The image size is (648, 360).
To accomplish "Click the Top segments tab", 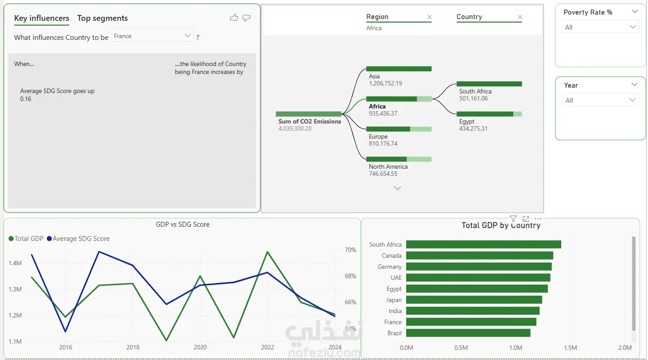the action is coord(102,18).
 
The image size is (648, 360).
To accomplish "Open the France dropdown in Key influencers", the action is coord(152,36).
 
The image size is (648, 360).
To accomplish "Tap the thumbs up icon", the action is coord(234,18).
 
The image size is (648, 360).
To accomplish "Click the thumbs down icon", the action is coord(246,18).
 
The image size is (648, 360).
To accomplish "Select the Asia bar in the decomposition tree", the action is coord(399,69).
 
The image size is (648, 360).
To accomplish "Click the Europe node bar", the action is coord(399,129).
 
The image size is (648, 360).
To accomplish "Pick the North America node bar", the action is coord(399,159).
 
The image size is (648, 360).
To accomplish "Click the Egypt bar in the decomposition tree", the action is coord(489,114).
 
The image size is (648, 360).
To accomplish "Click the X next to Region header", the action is coord(429,17).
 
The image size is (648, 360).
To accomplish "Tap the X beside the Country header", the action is coord(520,17).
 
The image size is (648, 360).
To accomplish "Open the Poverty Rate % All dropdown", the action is coord(600,27).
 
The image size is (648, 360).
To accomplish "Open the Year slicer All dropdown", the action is coord(600,100).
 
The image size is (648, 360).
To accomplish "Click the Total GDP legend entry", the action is coord(26,239).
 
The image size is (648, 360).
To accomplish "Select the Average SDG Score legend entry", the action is coord(78,239).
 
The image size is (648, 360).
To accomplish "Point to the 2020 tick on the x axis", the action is coord(200,347).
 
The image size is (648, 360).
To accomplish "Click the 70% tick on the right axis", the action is coord(350,250).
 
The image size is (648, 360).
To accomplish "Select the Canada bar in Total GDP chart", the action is coord(480,255).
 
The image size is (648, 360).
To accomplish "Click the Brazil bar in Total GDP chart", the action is coord(468,333).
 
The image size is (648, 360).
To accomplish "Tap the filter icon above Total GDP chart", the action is coord(513,219).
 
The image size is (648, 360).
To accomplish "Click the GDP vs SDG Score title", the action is coord(182,225).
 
